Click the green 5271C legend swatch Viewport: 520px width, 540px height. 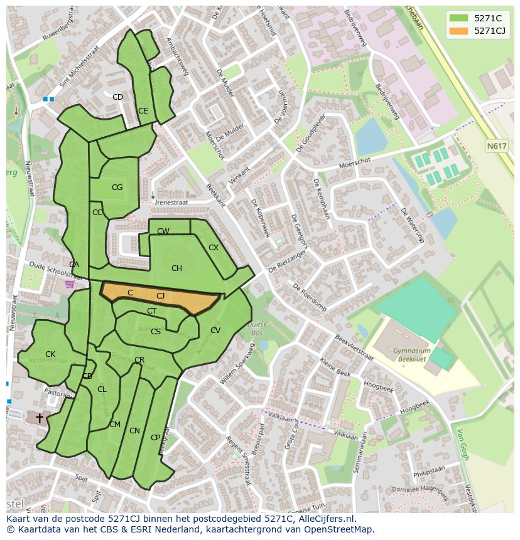click(x=458, y=18)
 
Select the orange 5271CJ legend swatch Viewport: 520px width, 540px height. click(x=458, y=31)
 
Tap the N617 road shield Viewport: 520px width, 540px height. click(x=497, y=146)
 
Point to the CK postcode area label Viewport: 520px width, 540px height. click(x=50, y=354)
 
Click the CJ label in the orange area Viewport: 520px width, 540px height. click(x=161, y=296)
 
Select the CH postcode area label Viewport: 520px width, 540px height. click(x=176, y=268)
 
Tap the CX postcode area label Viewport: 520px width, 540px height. click(x=214, y=248)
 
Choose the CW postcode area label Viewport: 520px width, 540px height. click(x=163, y=231)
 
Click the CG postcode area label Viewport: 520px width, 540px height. click(x=117, y=188)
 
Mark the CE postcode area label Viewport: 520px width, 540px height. click(x=143, y=111)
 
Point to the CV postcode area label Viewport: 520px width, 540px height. click(x=215, y=331)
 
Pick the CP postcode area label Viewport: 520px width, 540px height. click(x=155, y=438)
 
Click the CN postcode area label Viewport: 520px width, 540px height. click(x=134, y=431)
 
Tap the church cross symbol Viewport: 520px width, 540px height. click(x=40, y=417)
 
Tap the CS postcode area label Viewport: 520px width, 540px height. click(x=156, y=332)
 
